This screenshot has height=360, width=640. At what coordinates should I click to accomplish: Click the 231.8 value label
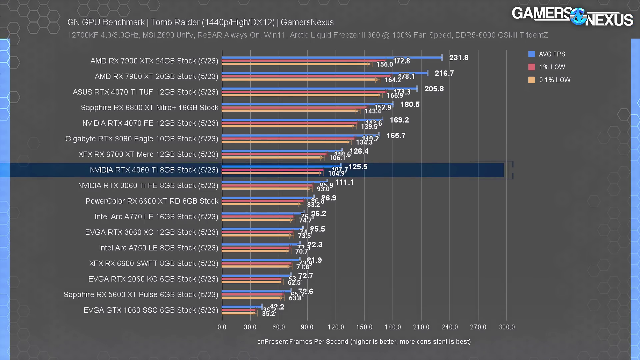coord(459,58)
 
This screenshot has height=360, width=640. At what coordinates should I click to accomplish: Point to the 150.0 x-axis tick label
coord(364,327)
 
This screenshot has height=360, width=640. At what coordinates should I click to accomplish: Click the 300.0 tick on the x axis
coord(506,327)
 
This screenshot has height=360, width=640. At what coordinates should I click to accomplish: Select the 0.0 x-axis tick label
coord(222,327)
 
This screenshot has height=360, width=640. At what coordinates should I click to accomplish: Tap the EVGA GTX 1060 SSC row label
coord(151,310)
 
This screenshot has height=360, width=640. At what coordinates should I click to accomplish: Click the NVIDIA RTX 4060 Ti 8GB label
coord(154,170)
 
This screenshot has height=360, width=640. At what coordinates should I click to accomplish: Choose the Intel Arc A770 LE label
coord(156,217)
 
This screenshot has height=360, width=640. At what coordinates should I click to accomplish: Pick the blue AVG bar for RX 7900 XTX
coord(332,58)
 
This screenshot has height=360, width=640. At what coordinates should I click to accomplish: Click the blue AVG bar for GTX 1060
coord(242,307)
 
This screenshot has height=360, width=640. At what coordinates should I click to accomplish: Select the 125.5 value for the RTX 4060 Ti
coord(358,167)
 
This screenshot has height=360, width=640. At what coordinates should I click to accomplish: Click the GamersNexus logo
coord(572,16)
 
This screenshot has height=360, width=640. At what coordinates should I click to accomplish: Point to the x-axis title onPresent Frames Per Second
coord(364,342)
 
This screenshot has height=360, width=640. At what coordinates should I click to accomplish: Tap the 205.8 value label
coord(434,89)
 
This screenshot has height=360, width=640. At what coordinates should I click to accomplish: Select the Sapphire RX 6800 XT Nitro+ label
coord(150,108)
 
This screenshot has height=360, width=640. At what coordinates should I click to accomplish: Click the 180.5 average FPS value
coord(410,104)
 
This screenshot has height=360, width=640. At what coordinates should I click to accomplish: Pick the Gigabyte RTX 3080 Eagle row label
coord(142,139)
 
